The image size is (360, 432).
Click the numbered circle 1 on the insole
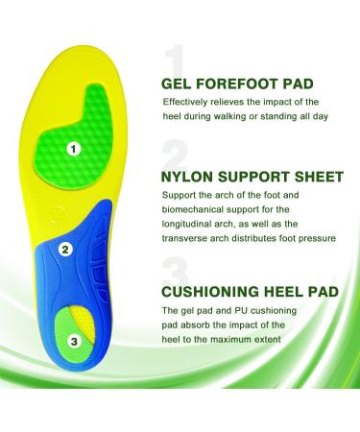[74, 149]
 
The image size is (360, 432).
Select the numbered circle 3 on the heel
[74, 341]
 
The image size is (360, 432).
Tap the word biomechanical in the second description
[195, 212]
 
